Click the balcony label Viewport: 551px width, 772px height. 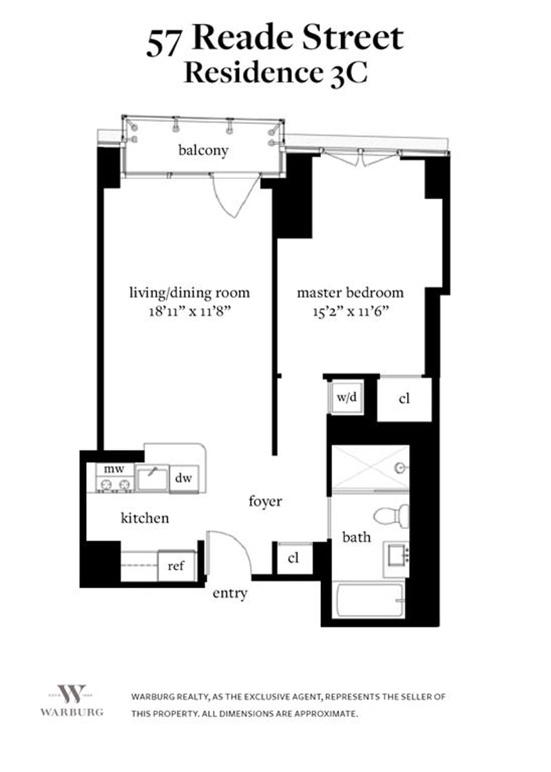tap(203, 150)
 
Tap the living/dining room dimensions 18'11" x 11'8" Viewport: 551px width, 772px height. tap(190, 312)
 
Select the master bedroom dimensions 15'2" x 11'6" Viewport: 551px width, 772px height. tap(351, 312)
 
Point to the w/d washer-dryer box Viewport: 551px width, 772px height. tap(346, 397)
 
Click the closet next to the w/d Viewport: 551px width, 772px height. tap(404, 399)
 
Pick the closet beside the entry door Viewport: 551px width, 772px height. tap(293, 559)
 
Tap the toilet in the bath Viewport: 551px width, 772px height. tap(392, 516)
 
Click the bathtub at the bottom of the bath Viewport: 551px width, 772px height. tap(368, 600)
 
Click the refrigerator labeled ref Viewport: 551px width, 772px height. tap(177, 565)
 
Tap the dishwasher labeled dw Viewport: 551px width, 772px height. tap(184, 477)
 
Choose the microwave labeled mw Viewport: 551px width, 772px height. tap(114, 469)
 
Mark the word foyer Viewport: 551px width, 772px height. tap(265, 501)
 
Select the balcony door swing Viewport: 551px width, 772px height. tap(236, 195)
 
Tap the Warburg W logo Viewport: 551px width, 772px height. tap(72, 693)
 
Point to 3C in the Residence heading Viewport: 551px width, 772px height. tap(349, 74)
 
